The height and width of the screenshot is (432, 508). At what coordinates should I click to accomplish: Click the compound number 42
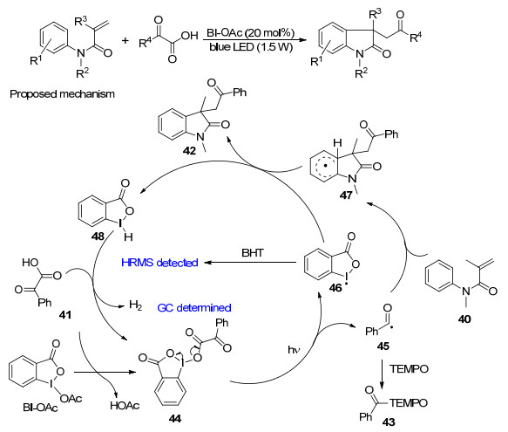tap(189, 151)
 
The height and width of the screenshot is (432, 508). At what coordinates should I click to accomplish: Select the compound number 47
tap(346, 195)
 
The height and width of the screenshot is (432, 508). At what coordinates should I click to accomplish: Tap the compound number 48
tap(98, 236)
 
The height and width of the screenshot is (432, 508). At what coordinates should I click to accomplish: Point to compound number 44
tap(174, 419)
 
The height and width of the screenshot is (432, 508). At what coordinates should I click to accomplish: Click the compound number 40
tap(464, 319)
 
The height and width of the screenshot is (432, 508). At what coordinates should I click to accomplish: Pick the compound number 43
tap(389, 422)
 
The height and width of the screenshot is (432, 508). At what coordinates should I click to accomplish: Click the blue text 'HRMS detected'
tap(159, 262)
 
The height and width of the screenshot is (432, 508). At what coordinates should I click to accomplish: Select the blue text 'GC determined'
tap(194, 307)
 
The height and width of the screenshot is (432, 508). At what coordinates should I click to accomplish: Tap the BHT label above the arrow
tap(253, 252)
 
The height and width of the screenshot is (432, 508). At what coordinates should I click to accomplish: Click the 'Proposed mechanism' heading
tap(62, 93)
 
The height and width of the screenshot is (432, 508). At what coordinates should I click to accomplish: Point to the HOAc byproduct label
tap(125, 406)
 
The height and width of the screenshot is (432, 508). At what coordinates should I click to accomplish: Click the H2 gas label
tap(135, 305)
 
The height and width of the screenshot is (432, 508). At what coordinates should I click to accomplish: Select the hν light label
tap(294, 350)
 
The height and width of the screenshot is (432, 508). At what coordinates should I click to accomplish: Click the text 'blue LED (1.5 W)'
tap(251, 47)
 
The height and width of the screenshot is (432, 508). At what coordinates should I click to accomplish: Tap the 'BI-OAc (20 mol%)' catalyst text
tap(250, 33)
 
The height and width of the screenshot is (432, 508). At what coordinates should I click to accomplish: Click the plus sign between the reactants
tap(125, 40)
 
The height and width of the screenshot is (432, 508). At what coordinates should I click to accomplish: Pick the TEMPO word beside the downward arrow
tap(409, 368)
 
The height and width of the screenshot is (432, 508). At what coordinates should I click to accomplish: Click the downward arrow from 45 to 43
tap(383, 374)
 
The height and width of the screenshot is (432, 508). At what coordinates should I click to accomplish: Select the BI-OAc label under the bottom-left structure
tap(40, 407)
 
